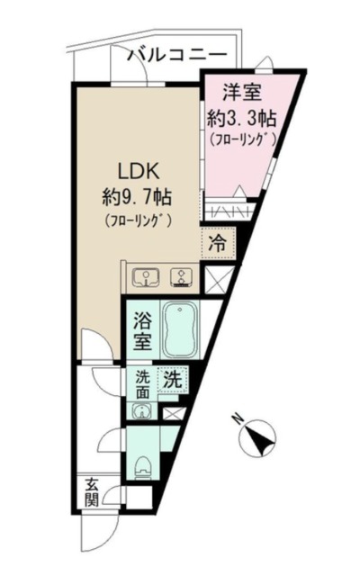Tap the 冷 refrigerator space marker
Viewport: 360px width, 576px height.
click(x=218, y=241)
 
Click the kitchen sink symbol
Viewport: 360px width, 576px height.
click(x=145, y=277)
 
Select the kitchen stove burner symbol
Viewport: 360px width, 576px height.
click(x=179, y=277)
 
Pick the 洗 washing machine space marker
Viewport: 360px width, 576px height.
click(x=172, y=380)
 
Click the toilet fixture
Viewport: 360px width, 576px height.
click(x=142, y=465)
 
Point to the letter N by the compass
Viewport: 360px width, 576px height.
click(x=237, y=418)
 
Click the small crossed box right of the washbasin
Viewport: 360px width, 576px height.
click(x=174, y=414)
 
